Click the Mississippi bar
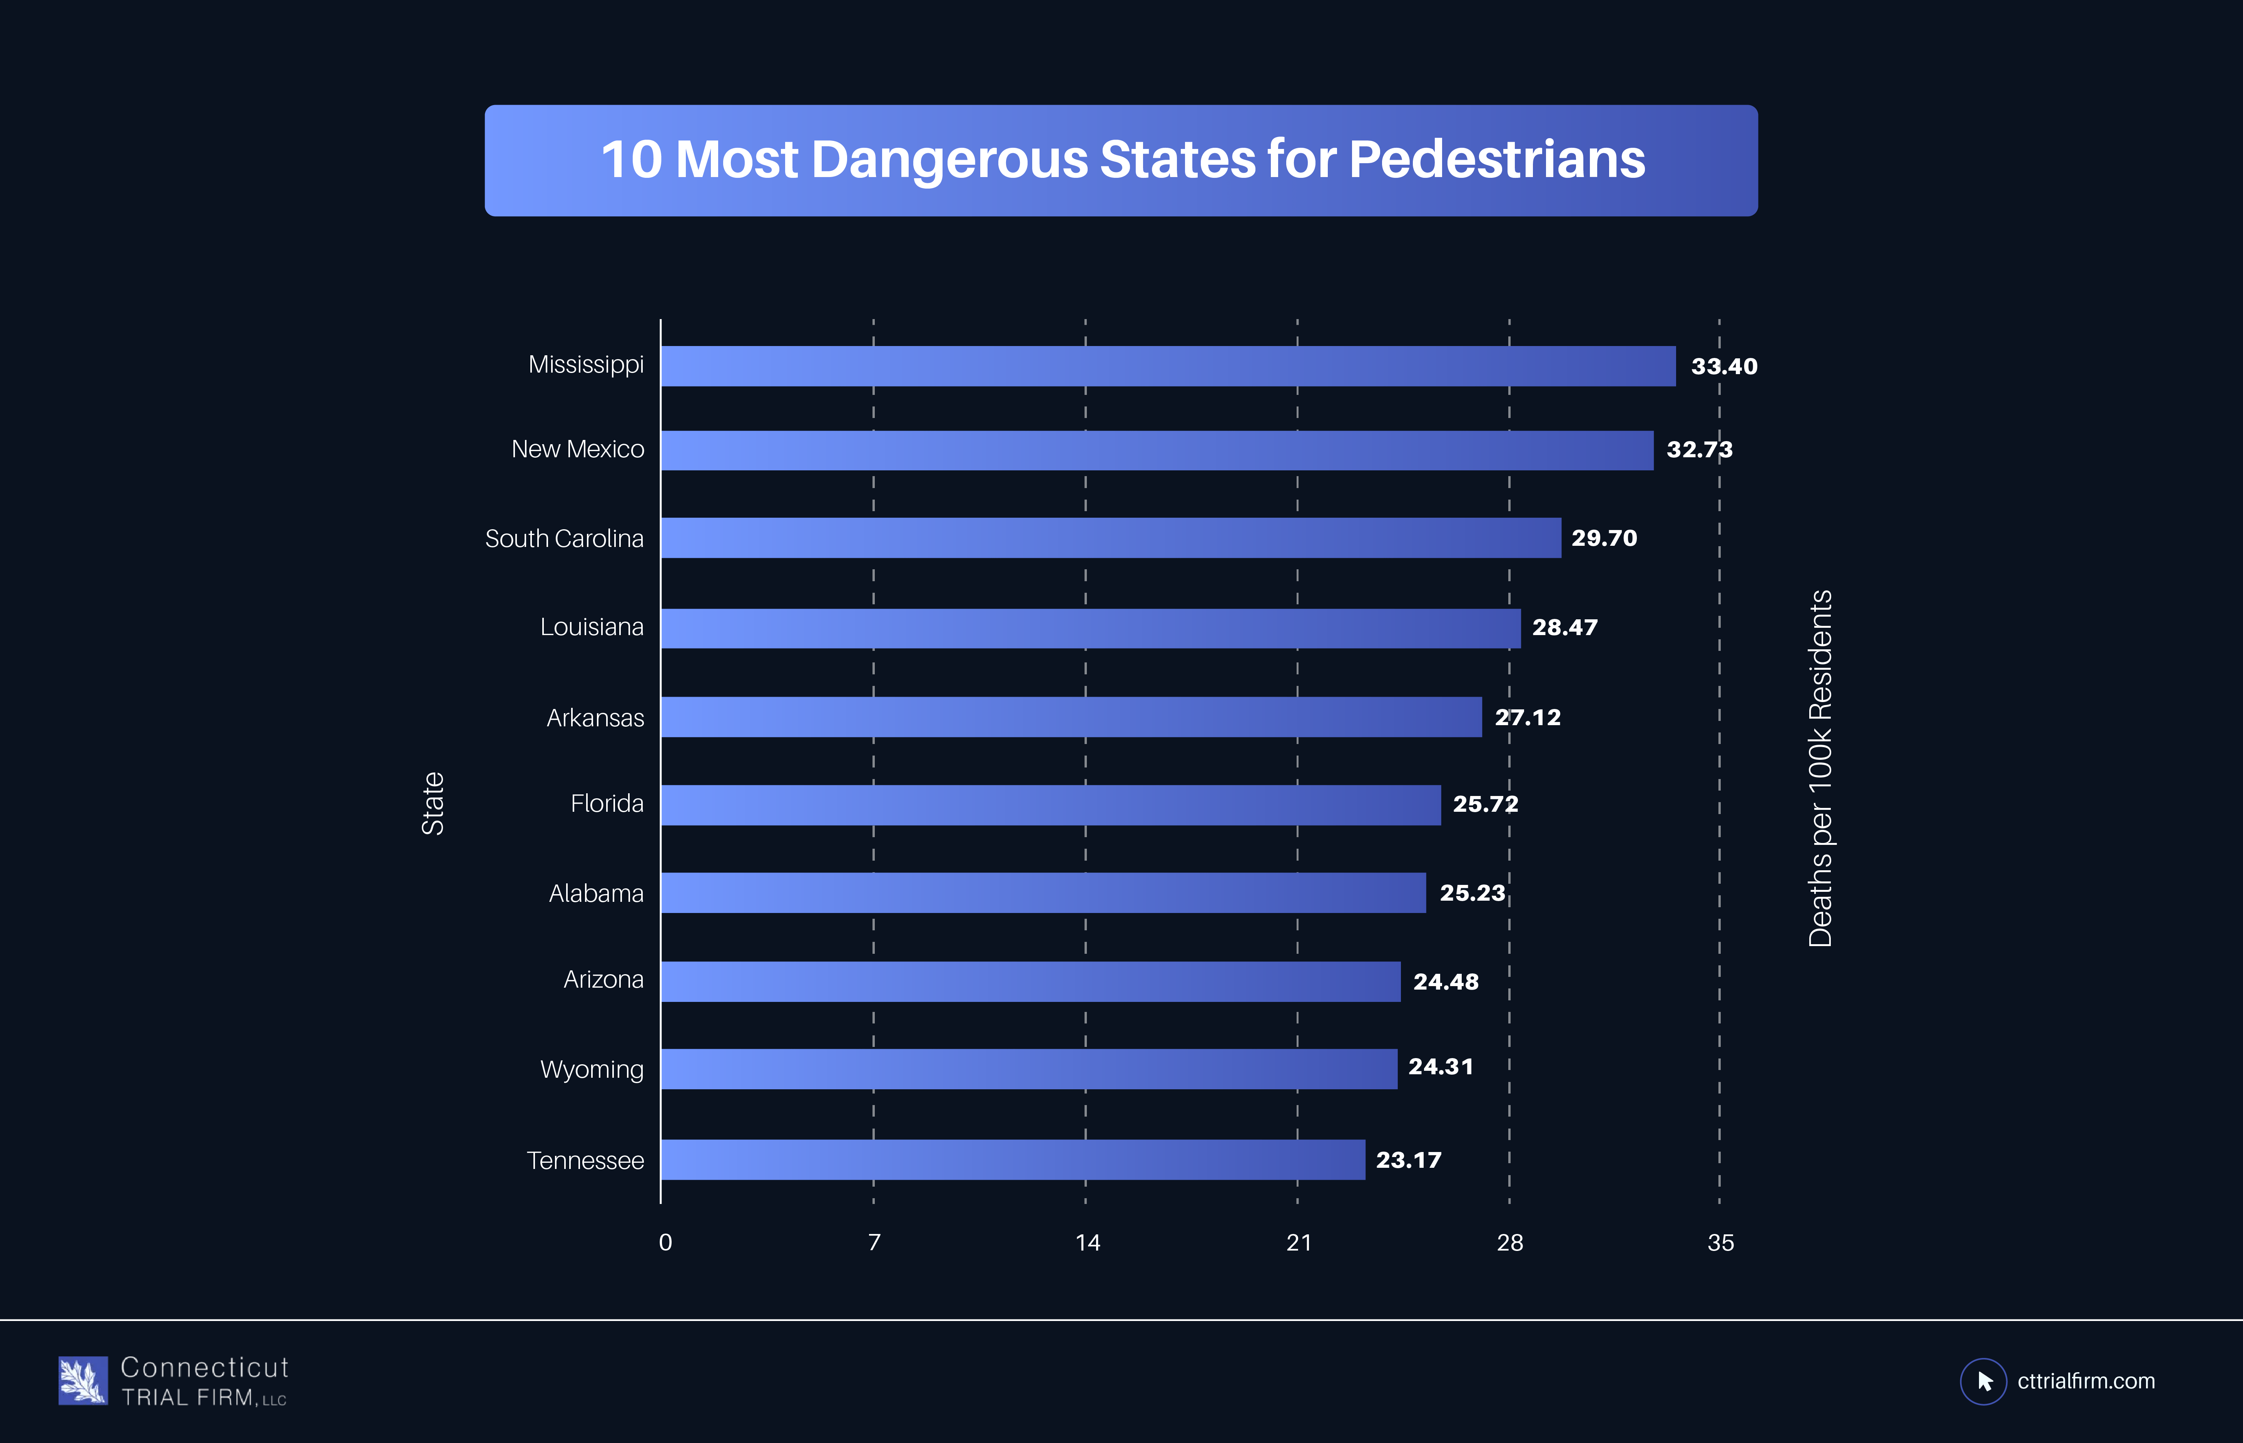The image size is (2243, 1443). [1167, 366]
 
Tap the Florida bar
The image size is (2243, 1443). [1050, 805]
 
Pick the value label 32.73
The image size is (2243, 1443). [1699, 450]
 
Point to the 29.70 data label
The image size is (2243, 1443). [1604, 538]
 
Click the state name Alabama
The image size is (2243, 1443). [596, 894]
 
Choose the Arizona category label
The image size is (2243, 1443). [603, 980]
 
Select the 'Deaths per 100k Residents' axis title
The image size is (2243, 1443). [1820, 768]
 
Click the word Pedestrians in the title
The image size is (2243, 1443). [1496, 159]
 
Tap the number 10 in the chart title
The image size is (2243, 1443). [632, 159]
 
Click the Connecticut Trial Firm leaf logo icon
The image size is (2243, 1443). [82, 1380]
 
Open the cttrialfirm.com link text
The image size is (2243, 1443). [2086, 1381]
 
